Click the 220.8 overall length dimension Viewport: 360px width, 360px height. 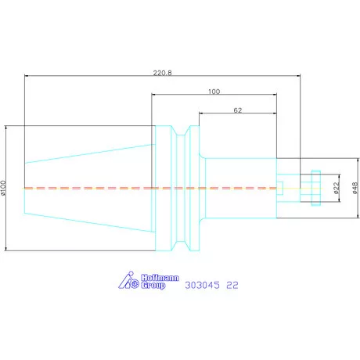tap(162, 73)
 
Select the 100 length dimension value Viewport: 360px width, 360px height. tap(214, 92)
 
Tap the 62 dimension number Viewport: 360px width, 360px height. tap(238, 110)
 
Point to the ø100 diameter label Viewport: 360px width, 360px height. tap(3, 188)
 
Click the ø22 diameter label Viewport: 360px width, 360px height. tap(337, 188)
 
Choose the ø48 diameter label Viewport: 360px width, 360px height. tap(355, 188)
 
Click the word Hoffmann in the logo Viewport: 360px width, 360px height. tap(160, 278)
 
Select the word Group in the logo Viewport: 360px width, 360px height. tap(153, 286)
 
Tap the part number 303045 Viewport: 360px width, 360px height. tap(203, 285)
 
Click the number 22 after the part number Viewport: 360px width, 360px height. tap(232, 285)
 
